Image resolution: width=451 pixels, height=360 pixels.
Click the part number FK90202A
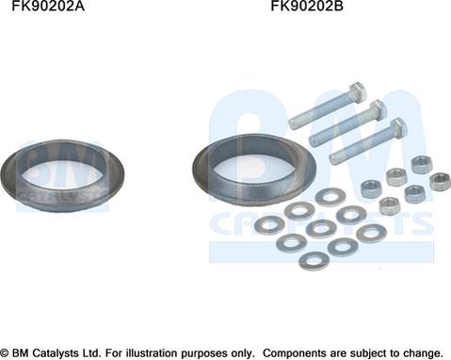click(46, 8)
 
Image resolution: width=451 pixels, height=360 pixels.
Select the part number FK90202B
click(307, 8)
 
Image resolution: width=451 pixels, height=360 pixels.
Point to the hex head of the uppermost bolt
click(357, 92)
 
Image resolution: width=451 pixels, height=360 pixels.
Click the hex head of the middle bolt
click(378, 109)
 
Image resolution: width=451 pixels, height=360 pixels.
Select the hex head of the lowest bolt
click(397, 128)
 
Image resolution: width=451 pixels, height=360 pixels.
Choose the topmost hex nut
click(421, 164)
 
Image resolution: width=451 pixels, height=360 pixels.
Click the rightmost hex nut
click(438, 180)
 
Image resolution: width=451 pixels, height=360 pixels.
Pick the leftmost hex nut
click(370, 188)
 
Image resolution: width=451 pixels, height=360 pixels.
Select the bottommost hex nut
click(388, 205)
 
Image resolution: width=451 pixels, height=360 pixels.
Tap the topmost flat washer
click(329, 196)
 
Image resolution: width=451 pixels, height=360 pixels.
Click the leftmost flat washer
click(270, 224)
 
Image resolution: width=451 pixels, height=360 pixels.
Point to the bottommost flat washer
click(314, 259)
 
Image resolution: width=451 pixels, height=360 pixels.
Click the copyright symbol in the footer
click(6, 352)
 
